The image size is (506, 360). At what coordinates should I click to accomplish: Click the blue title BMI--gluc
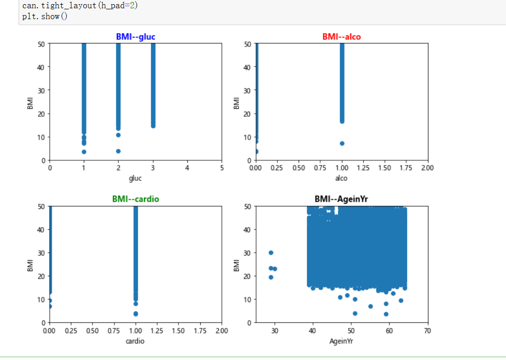coord(136,37)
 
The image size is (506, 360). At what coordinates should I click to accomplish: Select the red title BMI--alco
coord(341,37)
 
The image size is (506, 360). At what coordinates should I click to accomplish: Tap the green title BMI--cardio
coord(136,199)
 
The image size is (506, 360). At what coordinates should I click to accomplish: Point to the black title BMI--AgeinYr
coord(341,199)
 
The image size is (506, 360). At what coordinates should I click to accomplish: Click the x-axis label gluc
coord(136,178)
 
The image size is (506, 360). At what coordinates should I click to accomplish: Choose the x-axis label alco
coord(341,178)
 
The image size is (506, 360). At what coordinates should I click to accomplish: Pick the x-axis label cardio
coord(136,341)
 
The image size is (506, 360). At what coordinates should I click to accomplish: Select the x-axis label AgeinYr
coord(341,341)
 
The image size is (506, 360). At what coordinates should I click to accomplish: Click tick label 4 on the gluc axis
coord(187,168)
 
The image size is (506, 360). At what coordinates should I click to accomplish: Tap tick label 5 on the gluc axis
coord(221,168)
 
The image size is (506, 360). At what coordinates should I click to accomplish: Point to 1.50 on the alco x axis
coord(385,168)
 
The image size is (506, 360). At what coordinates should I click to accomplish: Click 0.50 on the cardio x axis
coord(93,331)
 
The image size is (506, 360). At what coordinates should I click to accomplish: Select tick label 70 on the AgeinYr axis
coord(427,331)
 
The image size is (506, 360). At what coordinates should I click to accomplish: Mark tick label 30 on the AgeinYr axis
coord(274,331)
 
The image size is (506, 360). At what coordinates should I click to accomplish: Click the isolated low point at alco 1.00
coord(342,143)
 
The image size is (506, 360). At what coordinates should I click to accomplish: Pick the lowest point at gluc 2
coord(118,151)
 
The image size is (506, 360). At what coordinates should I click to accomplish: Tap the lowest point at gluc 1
coord(84,152)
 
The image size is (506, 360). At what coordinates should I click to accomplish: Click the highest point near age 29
coord(271,253)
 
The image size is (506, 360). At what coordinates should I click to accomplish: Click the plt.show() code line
coord(44,16)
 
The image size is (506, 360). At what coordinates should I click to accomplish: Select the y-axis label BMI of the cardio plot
coord(30,265)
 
